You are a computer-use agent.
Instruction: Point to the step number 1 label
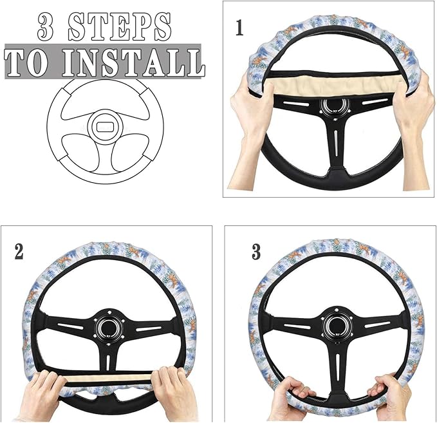pyautogui.click(x=239, y=28)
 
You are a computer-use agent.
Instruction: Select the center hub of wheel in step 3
pyautogui.click(x=333, y=325)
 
